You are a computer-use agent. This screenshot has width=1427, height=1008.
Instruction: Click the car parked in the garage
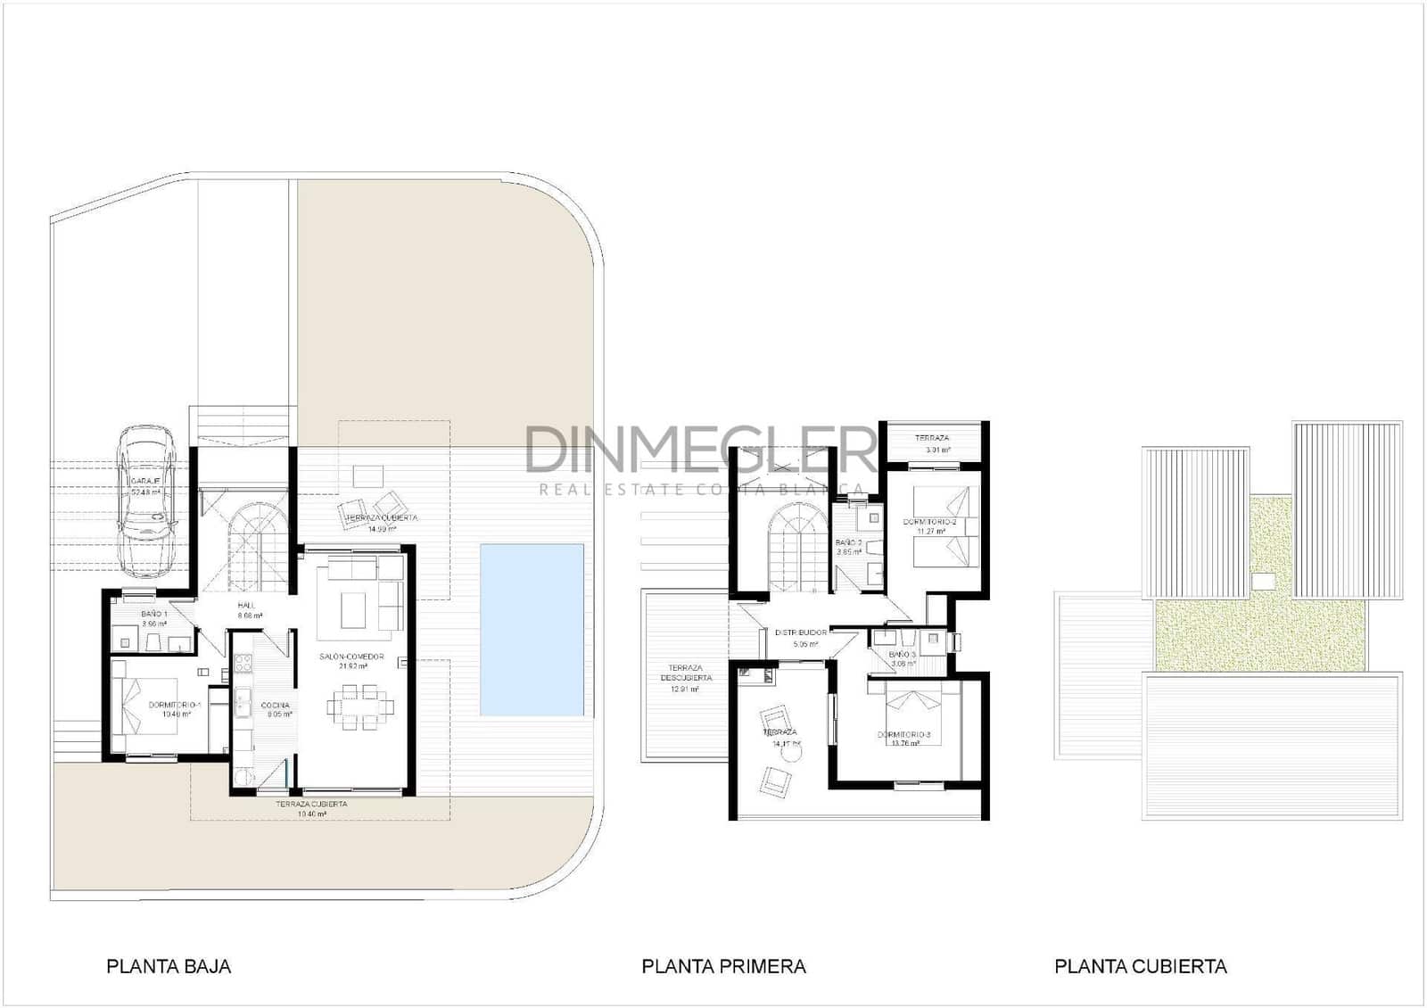coord(147,500)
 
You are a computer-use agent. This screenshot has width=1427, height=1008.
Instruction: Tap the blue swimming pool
coord(532,630)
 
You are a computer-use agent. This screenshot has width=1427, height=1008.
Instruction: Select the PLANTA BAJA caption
coord(169,966)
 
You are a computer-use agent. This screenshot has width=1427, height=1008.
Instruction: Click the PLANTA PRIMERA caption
coord(723,966)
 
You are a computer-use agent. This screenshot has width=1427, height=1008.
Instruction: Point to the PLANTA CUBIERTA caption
coord(1140,966)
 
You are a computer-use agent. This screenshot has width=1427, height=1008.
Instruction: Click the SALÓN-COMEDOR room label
coord(352,657)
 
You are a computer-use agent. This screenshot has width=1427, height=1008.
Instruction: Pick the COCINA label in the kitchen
coord(275,705)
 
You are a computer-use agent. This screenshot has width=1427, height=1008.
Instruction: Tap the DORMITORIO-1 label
coord(175,705)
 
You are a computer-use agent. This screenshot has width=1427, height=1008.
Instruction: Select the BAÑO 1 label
coord(154,615)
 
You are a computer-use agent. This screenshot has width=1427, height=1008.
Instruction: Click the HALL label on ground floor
coord(246,606)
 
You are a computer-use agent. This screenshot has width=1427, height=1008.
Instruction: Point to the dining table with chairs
coord(360,707)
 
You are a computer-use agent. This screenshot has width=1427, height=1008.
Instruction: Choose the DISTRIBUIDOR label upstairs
coord(801,632)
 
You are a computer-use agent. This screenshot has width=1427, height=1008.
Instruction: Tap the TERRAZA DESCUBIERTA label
coord(686,673)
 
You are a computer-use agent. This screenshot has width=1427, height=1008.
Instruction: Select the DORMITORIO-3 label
coord(903,735)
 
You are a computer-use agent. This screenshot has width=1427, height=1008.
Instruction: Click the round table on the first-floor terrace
coord(790,753)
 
